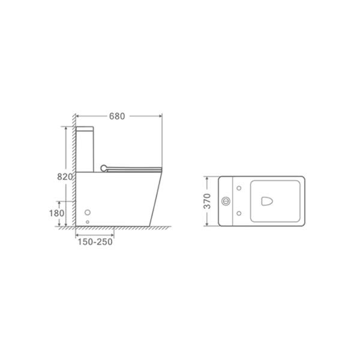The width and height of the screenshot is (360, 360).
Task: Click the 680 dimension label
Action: click(117, 116)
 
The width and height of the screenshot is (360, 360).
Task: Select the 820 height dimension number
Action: click(65, 177)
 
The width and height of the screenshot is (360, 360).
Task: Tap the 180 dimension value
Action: click(57, 213)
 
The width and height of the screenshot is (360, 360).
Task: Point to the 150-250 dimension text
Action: click(95, 242)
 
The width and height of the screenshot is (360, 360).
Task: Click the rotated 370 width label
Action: click(207, 202)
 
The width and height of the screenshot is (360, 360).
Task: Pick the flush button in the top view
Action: click(226, 202)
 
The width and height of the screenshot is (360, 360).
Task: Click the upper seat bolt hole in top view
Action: click(239, 188)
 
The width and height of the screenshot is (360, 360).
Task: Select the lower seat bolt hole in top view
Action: click(239, 213)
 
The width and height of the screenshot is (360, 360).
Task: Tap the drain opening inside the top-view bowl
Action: click(267, 201)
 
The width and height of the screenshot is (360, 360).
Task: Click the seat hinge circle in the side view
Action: click(104, 168)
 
